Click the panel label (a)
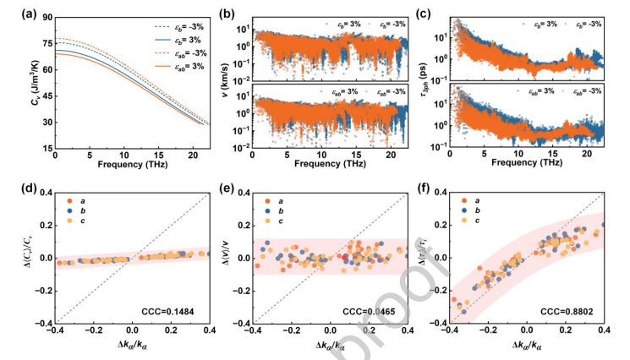click(14, 10)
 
